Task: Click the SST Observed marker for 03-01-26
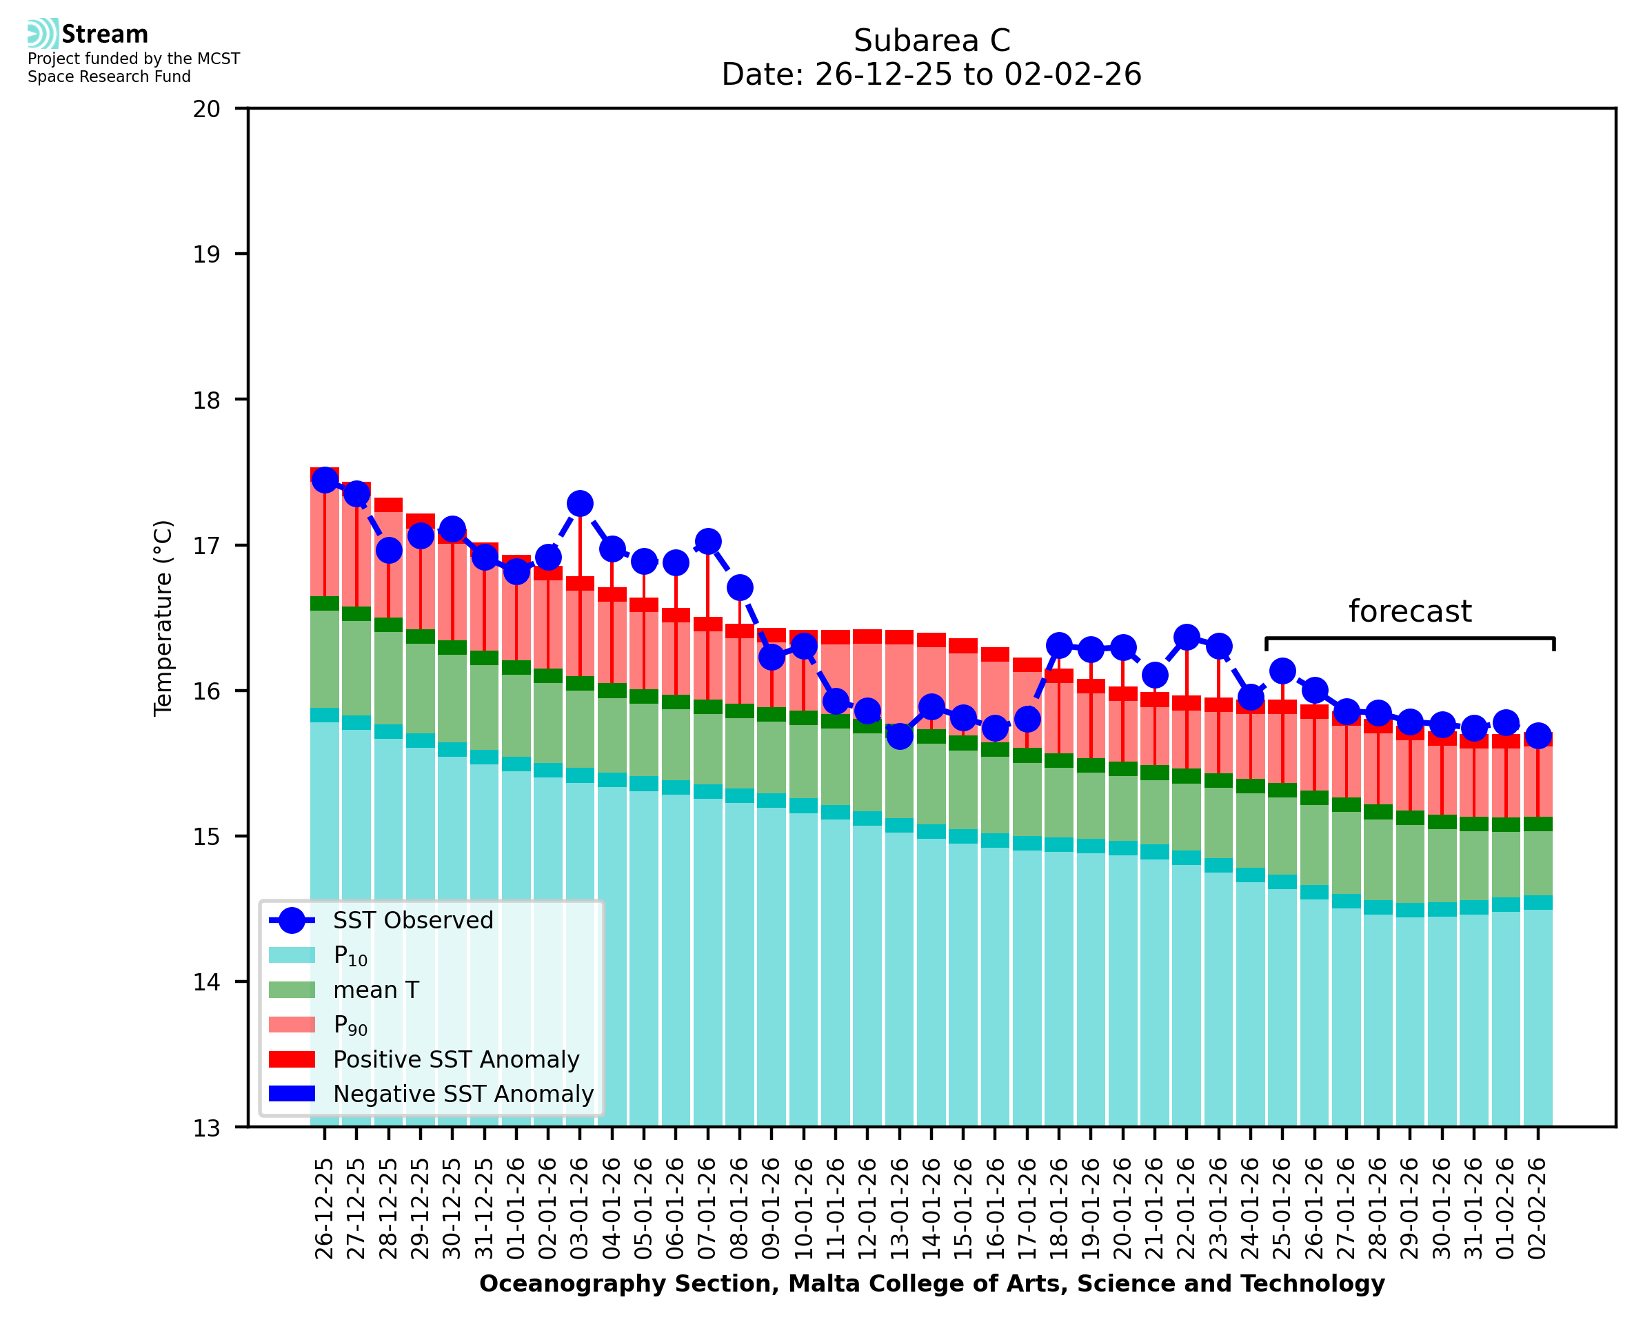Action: tap(580, 503)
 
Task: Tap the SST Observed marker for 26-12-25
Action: tap(325, 480)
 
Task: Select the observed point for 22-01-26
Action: tap(1186, 637)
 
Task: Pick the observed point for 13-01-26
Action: tap(900, 736)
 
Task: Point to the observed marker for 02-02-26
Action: tap(1538, 735)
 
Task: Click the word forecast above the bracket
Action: tap(1409, 611)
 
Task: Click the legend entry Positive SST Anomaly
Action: tap(456, 1059)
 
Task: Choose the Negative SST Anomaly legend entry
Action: tap(463, 1094)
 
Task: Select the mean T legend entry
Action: tap(376, 990)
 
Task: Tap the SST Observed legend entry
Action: tap(413, 921)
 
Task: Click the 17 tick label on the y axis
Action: tap(207, 545)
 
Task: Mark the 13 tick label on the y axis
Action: tap(207, 1128)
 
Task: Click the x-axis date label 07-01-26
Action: tap(707, 1208)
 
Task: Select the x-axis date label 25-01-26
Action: tap(1282, 1208)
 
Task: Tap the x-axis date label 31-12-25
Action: tap(485, 1208)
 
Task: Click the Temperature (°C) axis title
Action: tap(163, 618)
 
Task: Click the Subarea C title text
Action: tap(931, 41)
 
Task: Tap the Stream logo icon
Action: tap(43, 34)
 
